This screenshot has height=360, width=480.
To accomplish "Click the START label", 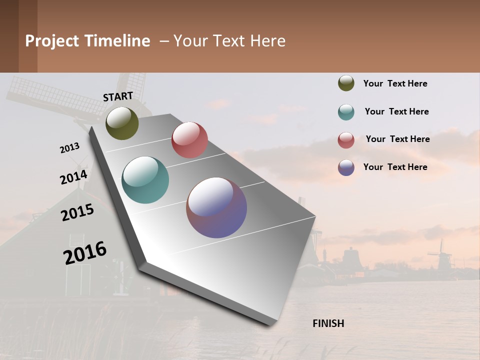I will pos(118,96).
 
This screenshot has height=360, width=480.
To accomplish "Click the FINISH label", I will pos(328,323).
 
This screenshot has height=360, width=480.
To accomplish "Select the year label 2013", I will pos(69,148).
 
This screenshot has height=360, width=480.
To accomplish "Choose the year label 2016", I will pos(85,252).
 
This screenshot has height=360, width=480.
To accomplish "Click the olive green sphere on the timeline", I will pos(122,123).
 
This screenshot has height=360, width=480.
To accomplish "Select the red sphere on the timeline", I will pos(189,140).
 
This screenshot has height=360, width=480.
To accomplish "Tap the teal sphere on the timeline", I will pos(145,180).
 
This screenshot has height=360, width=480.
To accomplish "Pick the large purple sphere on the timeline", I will pos(216,207).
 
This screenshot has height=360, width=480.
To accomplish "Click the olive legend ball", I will pos(346,83).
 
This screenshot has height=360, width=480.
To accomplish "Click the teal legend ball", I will pos(346,112).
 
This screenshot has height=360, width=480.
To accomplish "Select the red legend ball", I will pos(346,140).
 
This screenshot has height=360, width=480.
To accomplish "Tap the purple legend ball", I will pos(346,167).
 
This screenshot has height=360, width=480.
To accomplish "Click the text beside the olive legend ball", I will pos(395,83).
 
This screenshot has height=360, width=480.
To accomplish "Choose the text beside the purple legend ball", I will pos(395,167).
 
